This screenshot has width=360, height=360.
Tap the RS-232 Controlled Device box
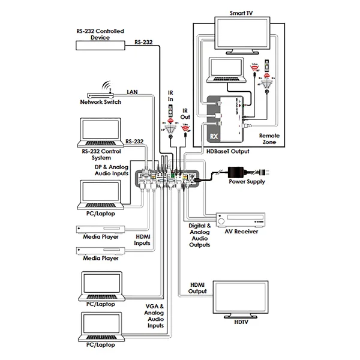tap(100, 44)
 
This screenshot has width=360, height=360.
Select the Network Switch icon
tap(100, 95)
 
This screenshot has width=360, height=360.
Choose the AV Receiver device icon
tap(228, 220)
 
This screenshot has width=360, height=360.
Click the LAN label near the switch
tap(133, 92)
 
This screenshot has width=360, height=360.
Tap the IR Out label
tap(185, 115)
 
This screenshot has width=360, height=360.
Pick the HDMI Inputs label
tap(142, 240)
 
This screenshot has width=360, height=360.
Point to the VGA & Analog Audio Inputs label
tap(154, 316)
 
